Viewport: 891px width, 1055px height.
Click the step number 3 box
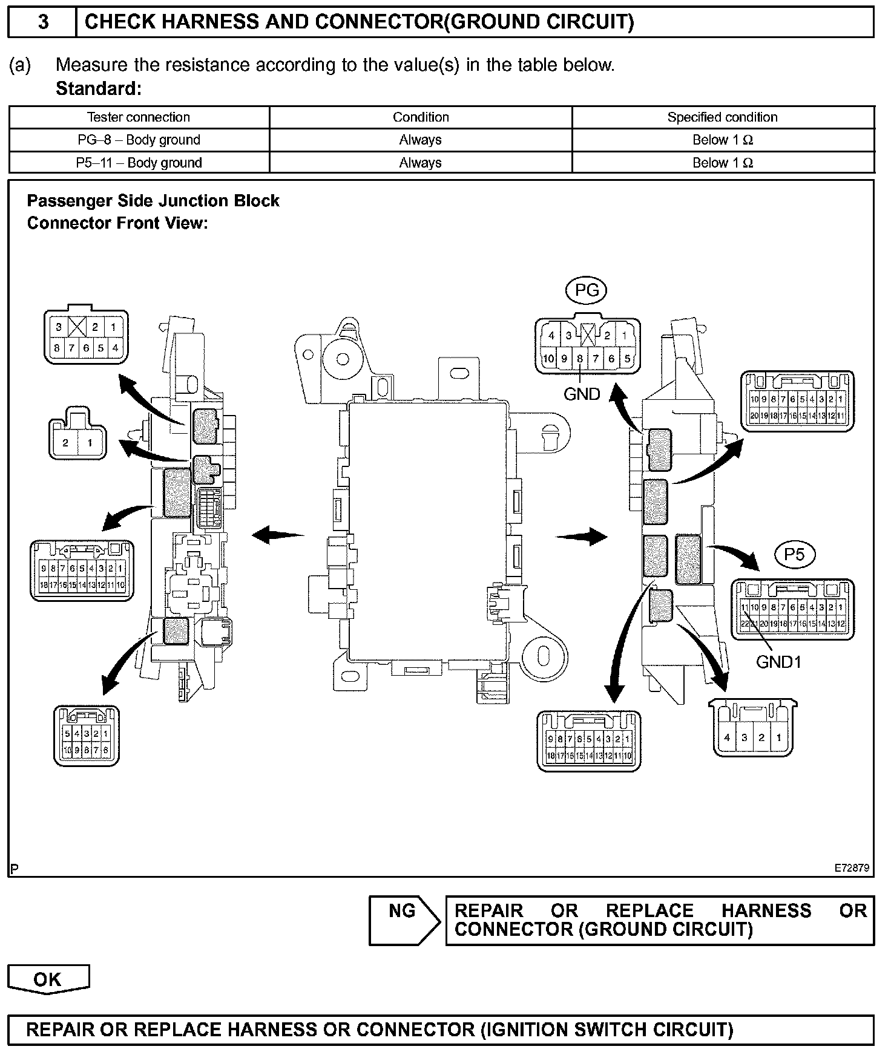42,22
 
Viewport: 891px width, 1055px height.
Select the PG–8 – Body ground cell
139,140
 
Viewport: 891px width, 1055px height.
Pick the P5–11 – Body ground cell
139,163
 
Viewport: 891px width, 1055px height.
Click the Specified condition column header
722,117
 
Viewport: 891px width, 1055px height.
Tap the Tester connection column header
139,117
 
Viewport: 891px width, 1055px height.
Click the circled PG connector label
586,291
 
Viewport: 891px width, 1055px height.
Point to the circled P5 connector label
794,554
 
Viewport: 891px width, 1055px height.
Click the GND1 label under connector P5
778,662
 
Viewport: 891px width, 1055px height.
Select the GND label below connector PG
582,394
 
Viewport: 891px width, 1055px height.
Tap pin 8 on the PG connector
580,359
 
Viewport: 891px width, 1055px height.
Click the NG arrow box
404,919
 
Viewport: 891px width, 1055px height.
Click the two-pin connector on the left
77,436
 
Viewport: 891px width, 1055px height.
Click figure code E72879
852,868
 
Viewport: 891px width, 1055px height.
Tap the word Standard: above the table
99,89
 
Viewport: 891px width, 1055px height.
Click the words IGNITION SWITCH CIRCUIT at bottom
606,1030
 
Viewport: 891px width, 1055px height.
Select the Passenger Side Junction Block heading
153,201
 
